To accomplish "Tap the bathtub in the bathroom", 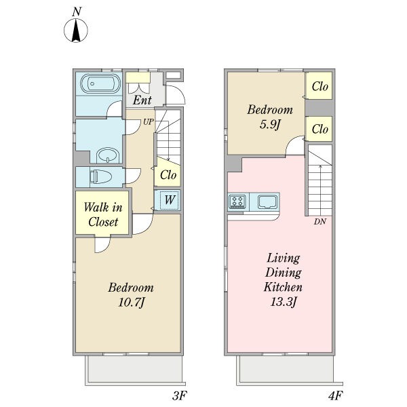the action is pyautogui.click(x=100, y=83).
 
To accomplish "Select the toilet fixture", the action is pyautogui.click(x=100, y=176).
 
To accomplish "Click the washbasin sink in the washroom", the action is pyautogui.click(x=108, y=155).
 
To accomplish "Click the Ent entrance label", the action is pyautogui.click(x=142, y=100).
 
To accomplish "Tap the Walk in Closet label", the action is pyautogui.click(x=103, y=214).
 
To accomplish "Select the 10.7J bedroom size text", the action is pyautogui.click(x=132, y=303).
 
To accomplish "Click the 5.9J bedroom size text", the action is pyautogui.click(x=270, y=125).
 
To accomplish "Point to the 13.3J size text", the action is pyautogui.click(x=284, y=302).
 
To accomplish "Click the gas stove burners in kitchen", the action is pyautogui.click(x=238, y=201).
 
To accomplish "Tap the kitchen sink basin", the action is pyautogui.click(x=268, y=202).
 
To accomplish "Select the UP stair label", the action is pyautogui.click(x=149, y=121).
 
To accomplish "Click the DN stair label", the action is pyautogui.click(x=319, y=222).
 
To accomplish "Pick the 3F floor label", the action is pyautogui.click(x=179, y=396).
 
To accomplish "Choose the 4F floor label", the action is pyautogui.click(x=335, y=396).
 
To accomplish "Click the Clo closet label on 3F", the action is pyautogui.click(x=168, y=175).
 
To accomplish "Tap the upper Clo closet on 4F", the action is pyautogui.click(x=319, y=86).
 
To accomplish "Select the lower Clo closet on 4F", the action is pyautogui.click(x=319, y=129).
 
